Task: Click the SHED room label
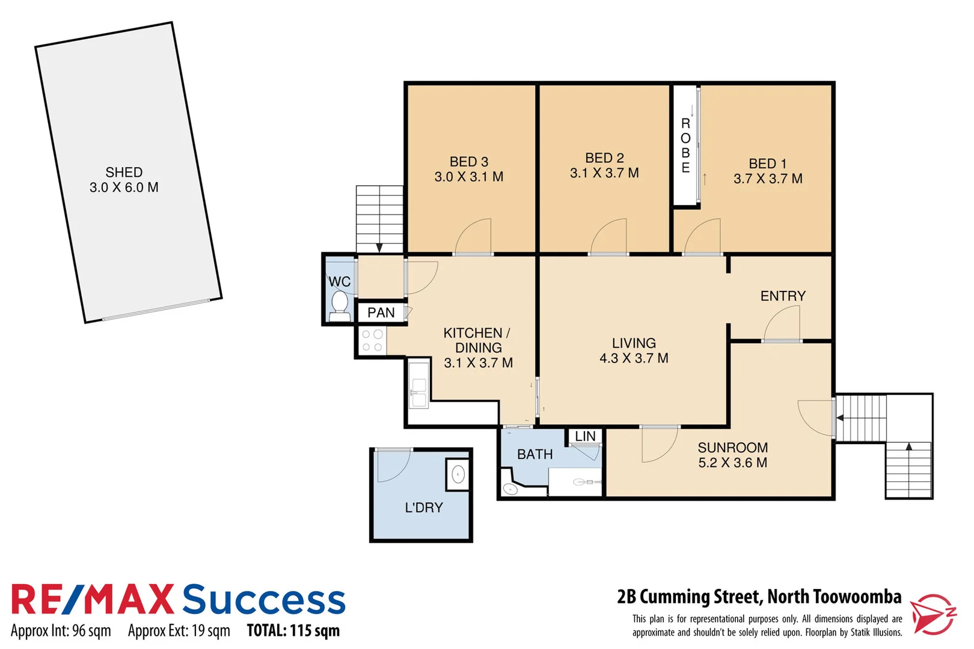click(x=124, y=172)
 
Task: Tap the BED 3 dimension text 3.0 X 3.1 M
click(x=469, y=177)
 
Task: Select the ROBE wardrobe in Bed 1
click(x=685, y=145)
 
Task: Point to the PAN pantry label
click(x=381, y=312)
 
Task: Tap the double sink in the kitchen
click(x=418, y=385)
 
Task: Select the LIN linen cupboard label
click(x=585, y=436)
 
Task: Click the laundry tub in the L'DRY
click(x=458, y=474)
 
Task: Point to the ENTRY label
click(x=783, y=296)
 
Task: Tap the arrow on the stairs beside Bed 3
click(x=379, y=247)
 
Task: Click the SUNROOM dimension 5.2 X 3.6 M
click(x=732, y=463)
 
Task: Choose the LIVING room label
click(x=634, y=343)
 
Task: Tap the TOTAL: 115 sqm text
click(x=293, y=630)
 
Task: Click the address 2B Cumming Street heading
click(x=759, y=597)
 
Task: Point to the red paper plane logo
click(x=932, y=614)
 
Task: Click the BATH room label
click(x=534, y=454)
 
